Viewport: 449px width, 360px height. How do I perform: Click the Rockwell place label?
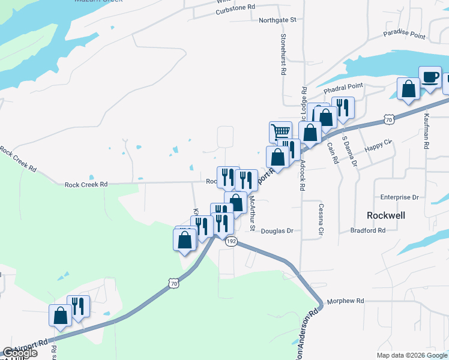click(x=386, y=215)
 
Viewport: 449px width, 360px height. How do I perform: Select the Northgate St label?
click(x=278, y=20)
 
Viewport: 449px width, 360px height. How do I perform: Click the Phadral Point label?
click(x=344, y=89)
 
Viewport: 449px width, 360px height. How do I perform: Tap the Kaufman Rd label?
click(x=426, y=132)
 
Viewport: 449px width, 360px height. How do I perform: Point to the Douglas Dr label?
click(x=277, y=230)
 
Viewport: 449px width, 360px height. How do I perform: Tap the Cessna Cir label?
click(x=321, y=219)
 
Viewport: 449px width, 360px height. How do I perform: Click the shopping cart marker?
click(x=280, y=131)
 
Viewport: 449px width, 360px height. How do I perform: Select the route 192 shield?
click(x=232, y=241)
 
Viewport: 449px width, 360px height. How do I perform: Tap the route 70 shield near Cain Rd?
click(x=390, y=120)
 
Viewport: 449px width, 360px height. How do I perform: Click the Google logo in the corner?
click(x=20, y=353)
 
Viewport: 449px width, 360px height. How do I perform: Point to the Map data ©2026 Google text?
click(x=412, y=355)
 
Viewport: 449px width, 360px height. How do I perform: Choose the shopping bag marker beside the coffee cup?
click(x=408, y=89)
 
